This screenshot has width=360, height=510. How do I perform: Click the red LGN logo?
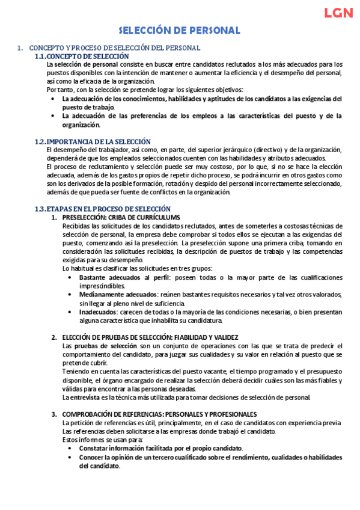[339, 13]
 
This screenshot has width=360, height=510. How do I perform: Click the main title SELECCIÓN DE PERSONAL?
[179, 30]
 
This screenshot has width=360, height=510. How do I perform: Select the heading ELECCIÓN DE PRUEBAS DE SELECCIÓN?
[150, 337]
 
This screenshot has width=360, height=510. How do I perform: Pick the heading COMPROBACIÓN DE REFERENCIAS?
[159, 414]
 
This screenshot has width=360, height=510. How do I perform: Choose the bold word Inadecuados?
[98, 312]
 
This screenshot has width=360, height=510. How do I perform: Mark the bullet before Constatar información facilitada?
[71, 449]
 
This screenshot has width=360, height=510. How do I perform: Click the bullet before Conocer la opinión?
[71, 457]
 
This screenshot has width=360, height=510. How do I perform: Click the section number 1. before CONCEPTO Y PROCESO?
[20, 48]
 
